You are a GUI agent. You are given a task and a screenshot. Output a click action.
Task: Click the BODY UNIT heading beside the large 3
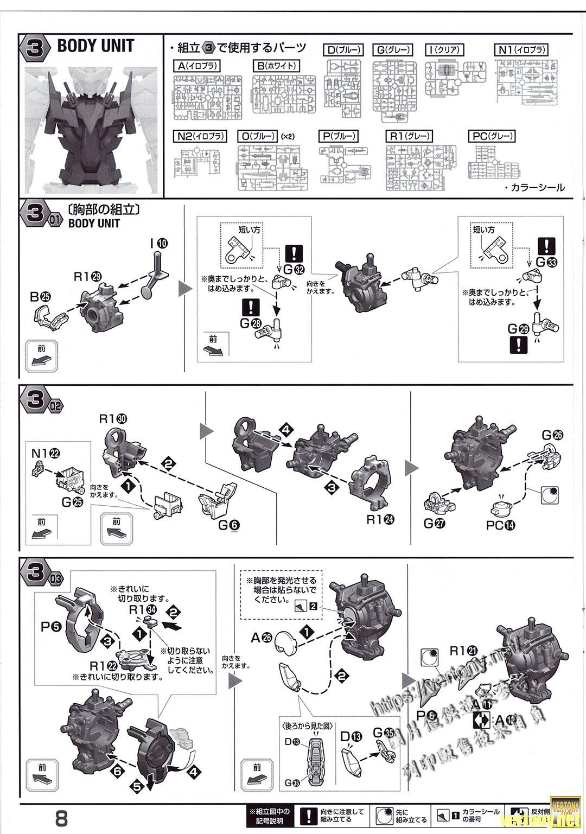click(95, 46)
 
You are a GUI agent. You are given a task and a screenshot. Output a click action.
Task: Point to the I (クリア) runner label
click(444, 50)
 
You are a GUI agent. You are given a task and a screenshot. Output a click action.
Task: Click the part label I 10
click(159, 243)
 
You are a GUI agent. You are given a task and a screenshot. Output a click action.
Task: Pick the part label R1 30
click(113, 419)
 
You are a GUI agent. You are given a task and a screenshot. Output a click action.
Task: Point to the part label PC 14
click(500, 525)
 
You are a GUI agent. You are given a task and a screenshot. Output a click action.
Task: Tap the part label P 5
click(52, 627)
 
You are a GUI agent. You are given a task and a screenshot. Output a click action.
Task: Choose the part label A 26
click(261, 638)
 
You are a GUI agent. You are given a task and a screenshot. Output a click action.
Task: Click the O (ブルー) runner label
click(259, 136)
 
